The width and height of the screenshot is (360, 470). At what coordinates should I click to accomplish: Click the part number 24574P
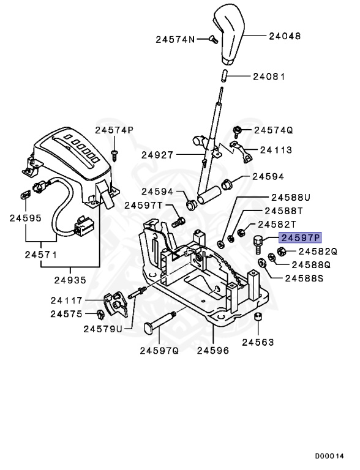click(114, 130)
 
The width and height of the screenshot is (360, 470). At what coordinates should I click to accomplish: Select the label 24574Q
click(274, 130)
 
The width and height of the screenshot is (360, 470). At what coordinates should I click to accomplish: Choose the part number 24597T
click(143, 205)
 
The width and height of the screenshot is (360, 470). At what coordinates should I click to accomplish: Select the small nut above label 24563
click(258, 317)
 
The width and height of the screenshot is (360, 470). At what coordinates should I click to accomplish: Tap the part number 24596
click(212, 351)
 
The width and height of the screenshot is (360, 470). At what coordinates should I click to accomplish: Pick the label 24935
click(70, 280)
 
